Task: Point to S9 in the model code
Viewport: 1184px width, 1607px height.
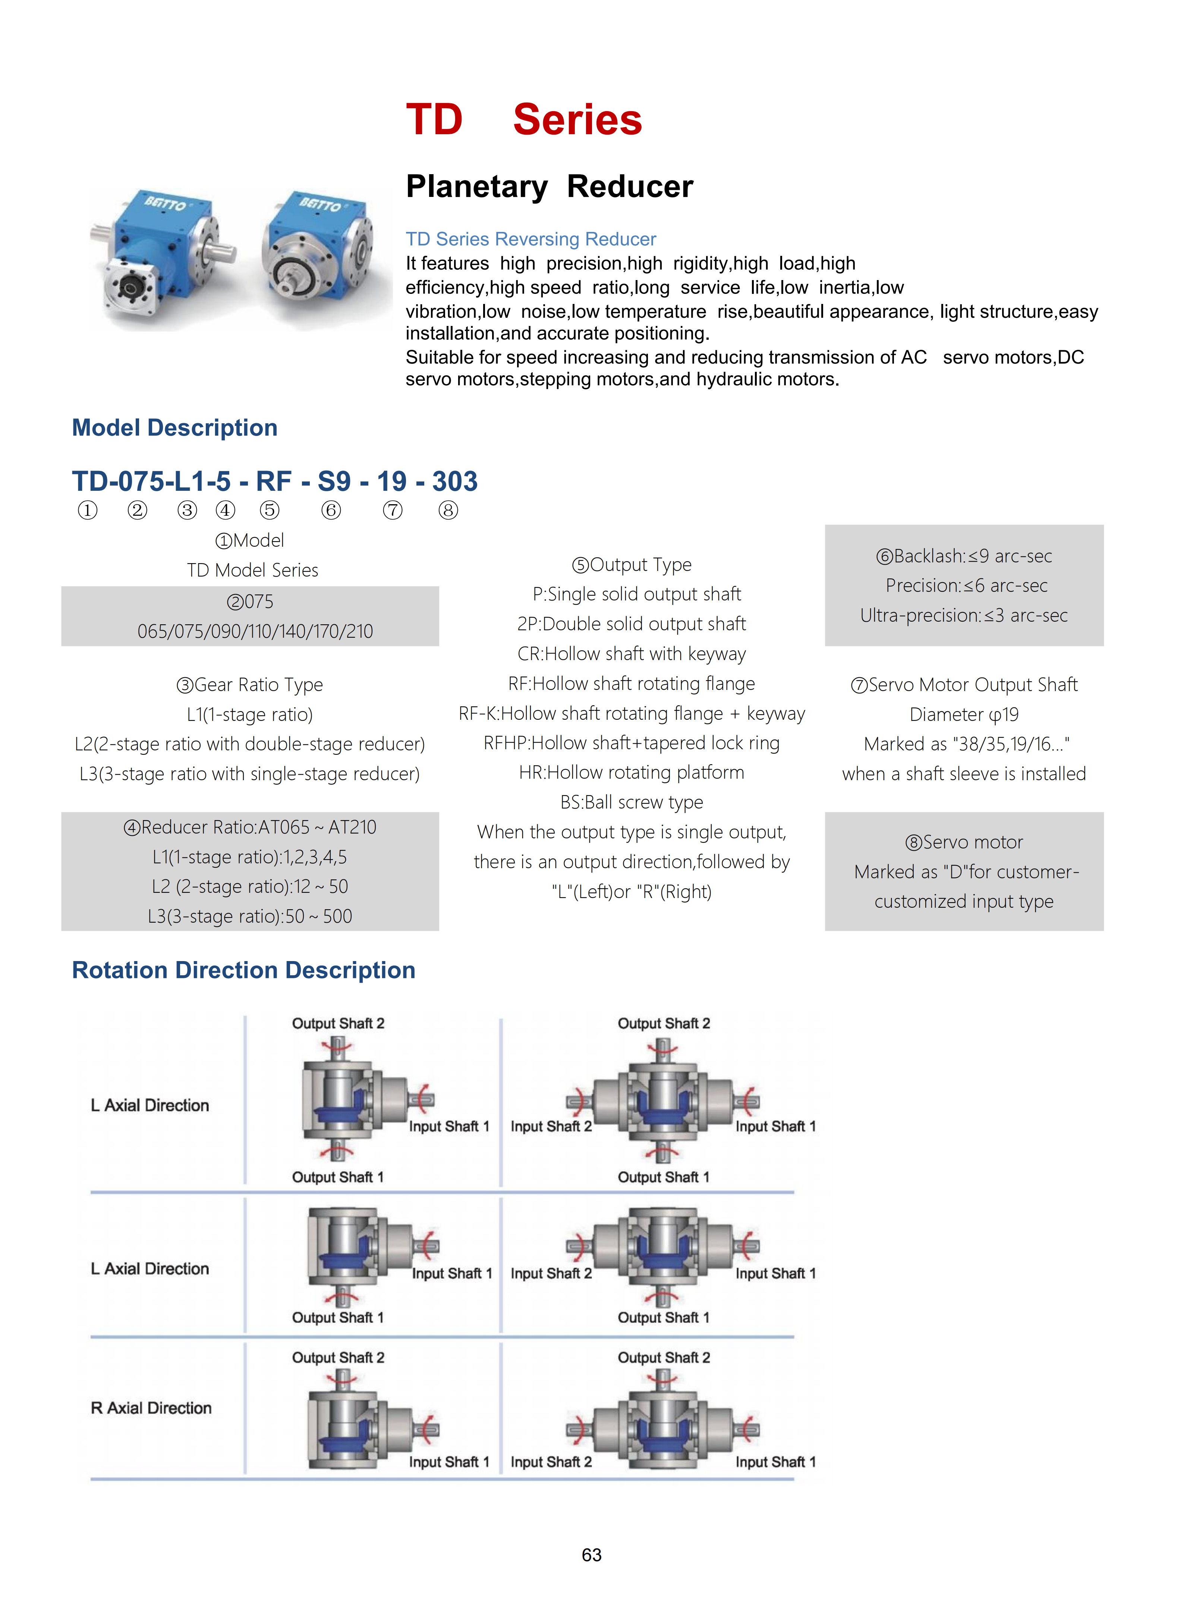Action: click(334, 481)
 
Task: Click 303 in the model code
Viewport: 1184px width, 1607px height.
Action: click(454, 481)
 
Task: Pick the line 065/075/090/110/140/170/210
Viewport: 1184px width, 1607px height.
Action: click(255, 631)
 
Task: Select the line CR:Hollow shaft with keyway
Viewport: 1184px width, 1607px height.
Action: click(632, 654)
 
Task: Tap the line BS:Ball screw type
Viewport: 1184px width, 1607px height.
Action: click(632, 802)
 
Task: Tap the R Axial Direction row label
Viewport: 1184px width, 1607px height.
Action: click(151, 1408)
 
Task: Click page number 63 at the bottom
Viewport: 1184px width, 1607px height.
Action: click(591, 1555)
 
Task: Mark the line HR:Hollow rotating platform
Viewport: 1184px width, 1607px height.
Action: click(632, 773)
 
